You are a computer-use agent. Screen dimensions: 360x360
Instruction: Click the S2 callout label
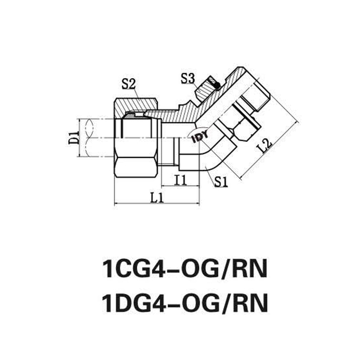129,84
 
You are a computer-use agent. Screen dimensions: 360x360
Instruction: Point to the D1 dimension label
72,137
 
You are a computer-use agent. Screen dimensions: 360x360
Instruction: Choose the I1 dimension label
179,179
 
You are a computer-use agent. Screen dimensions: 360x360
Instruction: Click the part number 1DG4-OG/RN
180,304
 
